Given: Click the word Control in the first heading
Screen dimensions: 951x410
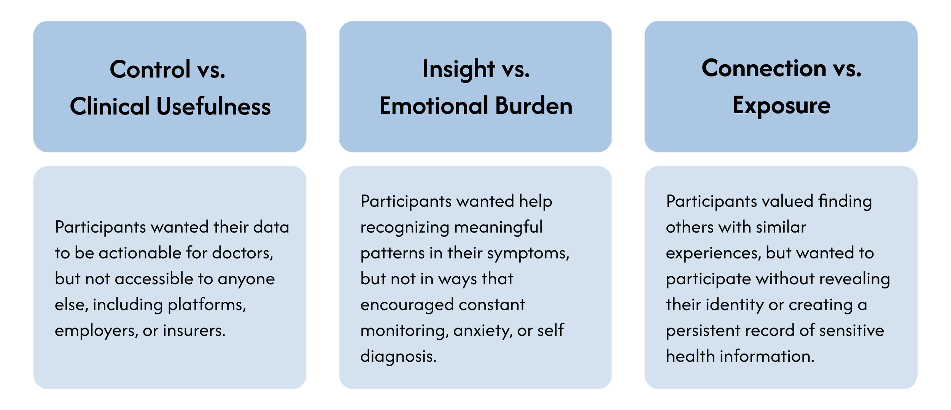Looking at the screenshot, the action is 150,69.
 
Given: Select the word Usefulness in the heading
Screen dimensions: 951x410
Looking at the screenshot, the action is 213,106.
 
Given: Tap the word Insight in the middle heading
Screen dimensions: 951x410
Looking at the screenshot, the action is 458,69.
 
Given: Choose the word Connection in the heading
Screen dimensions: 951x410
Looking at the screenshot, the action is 764,68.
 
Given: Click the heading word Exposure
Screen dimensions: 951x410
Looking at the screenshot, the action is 781,106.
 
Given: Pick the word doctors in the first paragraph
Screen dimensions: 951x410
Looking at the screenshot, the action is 242,253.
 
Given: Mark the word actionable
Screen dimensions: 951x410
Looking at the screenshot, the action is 140,253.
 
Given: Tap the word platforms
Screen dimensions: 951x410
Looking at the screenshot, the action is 207,305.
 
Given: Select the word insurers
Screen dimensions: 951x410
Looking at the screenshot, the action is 194,330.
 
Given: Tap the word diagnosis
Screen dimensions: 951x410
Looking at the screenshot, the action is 398,356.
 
